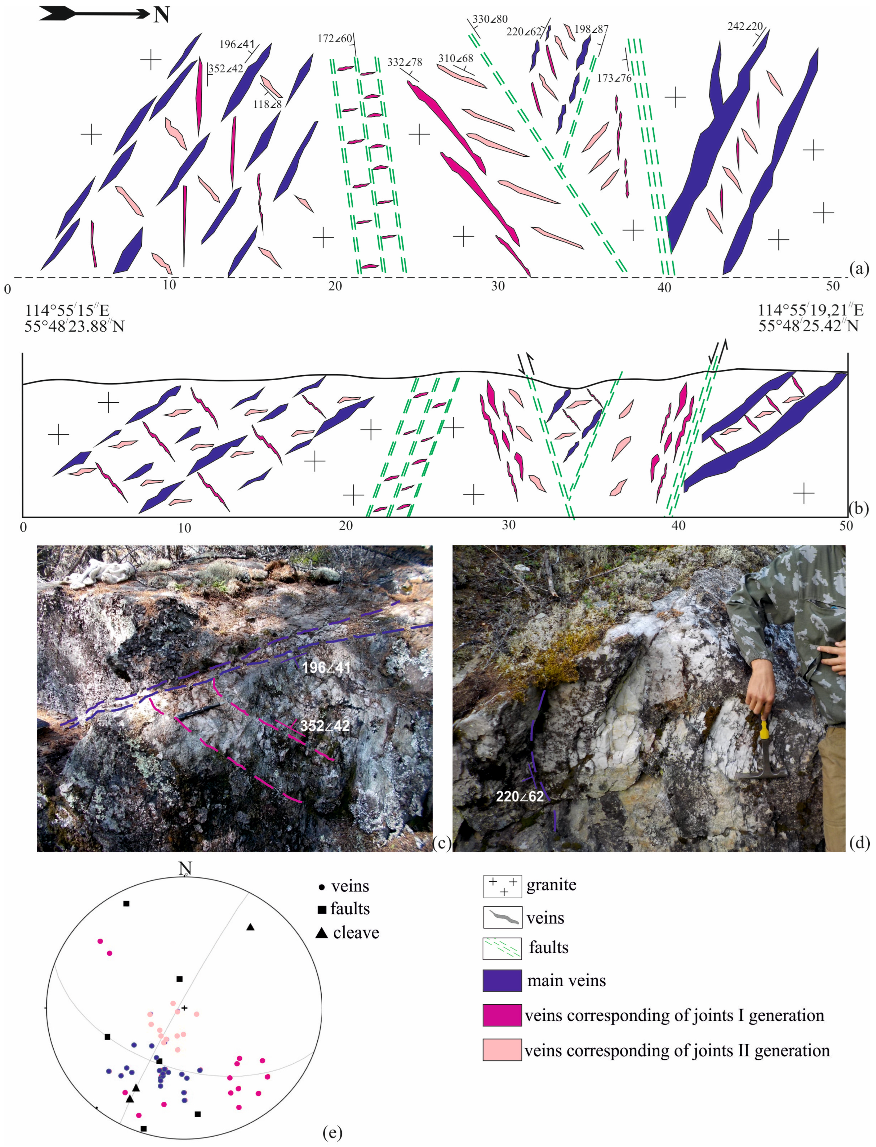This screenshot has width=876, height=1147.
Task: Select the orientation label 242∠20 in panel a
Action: pos(745,26)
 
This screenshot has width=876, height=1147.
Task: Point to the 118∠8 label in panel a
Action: pos(267,104)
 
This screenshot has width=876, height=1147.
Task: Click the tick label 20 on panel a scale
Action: pos(335,286)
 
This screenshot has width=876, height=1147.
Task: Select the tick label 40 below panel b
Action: pos(678,526)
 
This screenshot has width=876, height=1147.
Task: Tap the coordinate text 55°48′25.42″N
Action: pos(808,326)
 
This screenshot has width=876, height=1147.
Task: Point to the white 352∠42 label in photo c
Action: pos(324,726)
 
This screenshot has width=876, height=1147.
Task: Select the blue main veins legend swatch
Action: pos(502,980)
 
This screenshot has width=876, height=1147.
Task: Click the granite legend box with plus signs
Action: pos(502,886)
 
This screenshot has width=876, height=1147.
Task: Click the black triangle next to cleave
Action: pos(322,933)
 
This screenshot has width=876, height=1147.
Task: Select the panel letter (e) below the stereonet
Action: pos(332,1132)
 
